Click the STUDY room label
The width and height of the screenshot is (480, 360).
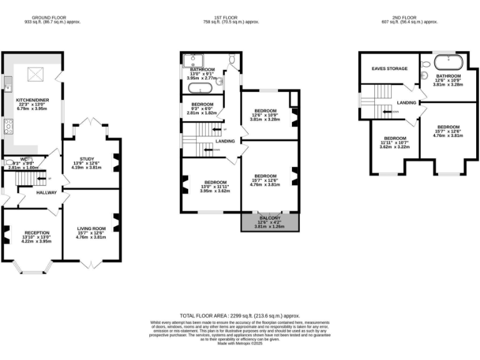[86, 159]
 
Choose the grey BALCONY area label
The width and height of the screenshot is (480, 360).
[269, 218]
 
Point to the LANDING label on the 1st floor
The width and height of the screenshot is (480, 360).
[225, 141]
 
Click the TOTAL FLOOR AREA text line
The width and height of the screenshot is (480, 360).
[240, 317]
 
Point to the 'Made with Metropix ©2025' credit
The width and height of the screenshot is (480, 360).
[240, 344]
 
